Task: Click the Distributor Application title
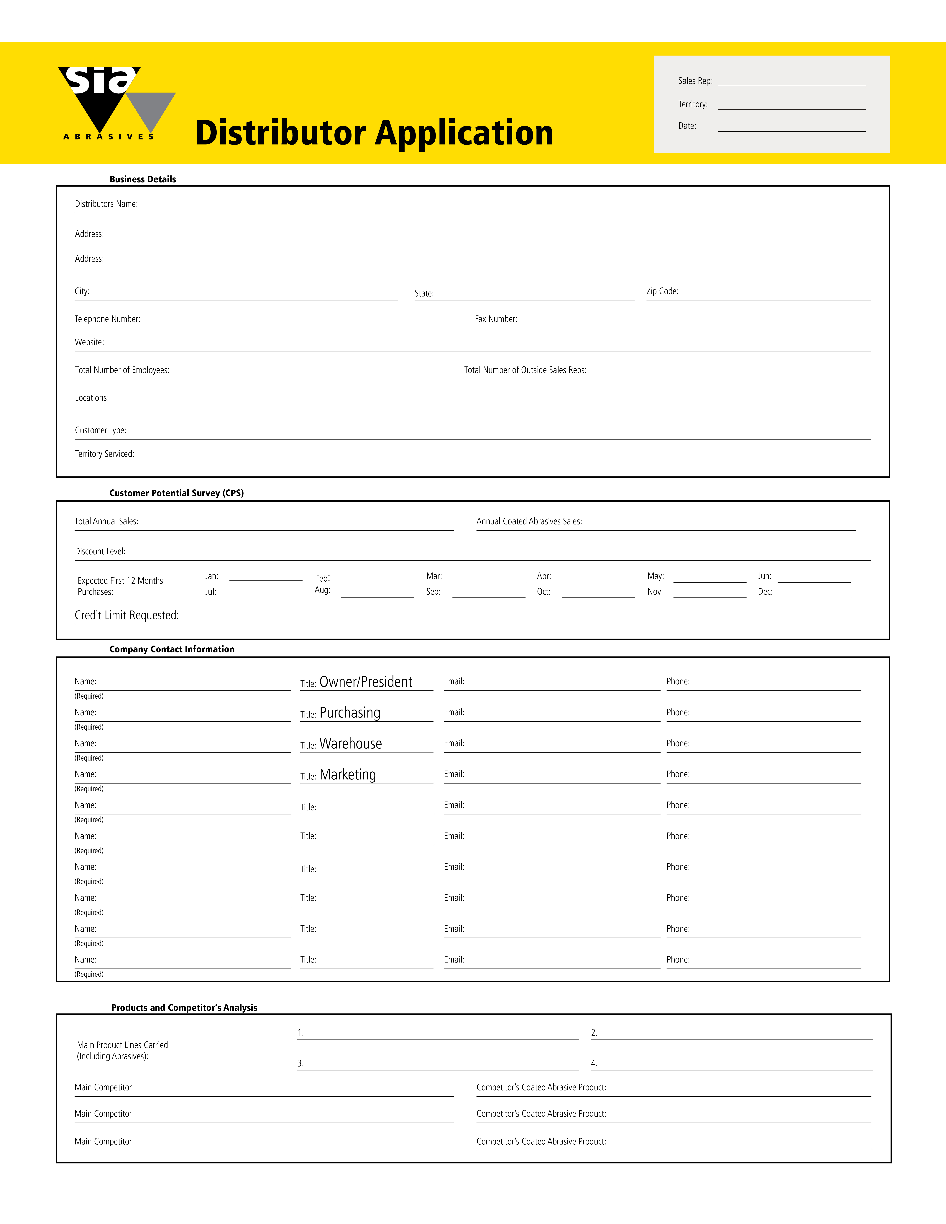[374, 133]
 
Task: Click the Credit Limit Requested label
[127, 615]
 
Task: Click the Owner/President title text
[366, 682]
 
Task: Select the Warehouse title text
[351, 744]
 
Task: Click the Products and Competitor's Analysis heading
[184, 1008]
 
